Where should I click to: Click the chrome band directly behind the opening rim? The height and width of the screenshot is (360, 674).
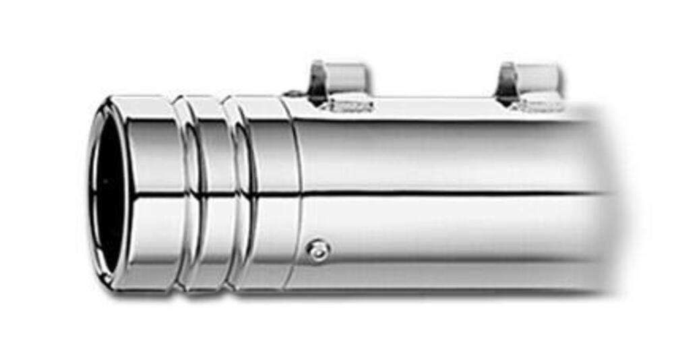[152, 196]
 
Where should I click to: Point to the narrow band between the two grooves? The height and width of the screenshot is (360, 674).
[209, 196]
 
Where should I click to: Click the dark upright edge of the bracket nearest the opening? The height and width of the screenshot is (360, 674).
[315, 81]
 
